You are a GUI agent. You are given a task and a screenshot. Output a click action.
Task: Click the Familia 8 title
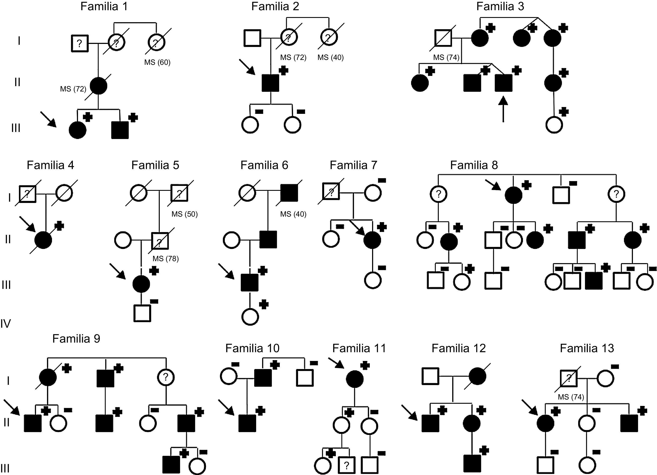click(x=474, y=165)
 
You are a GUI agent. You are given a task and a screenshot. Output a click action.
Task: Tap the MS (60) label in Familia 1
click(x=157, y=62)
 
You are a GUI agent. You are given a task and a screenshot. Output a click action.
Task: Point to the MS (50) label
click(x=185, y=214)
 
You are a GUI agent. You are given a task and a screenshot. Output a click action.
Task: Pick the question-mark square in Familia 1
click(x=80, y=43)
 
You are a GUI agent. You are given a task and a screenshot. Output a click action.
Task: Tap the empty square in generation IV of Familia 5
click(x=142, y=313)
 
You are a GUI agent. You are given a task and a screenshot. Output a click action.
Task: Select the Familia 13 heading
click(x=587, y=348)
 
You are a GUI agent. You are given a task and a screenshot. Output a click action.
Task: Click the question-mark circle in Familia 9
click(x=166, y=377)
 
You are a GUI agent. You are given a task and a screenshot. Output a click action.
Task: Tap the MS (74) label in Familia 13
click(x=571, y=397)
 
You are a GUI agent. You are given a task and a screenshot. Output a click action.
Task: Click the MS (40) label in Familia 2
click(x=330, y=57)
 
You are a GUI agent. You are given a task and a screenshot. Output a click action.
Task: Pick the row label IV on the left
click(x=6, y=324)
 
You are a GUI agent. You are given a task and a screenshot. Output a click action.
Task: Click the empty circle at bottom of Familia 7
click(x=373, y=280)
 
